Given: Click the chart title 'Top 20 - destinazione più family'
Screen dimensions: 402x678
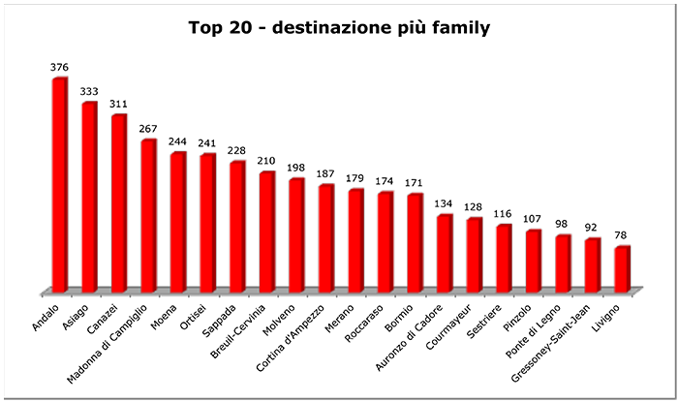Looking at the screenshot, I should pyautogui.click(x=338, y=28).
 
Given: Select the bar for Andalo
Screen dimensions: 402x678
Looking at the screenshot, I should pyautogui.click(x=59, y=184).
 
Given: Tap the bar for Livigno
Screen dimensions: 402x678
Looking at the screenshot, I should pyautogui.click(x=622, y=268).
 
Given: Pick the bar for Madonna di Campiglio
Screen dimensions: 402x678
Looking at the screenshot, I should pyautogui.click(x=148, y=215).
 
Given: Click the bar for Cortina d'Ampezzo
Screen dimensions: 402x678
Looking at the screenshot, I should pyautogui.click(x=325, y=237).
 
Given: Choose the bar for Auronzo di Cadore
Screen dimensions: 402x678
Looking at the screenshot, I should pyautogui.click(x=444, y=253).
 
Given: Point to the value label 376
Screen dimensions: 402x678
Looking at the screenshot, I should pyautogui.click(x=60, y=68).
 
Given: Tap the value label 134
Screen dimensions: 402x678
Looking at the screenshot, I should pyautogui.click(x=445, y=204).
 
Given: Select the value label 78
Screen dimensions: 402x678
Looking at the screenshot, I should pyautogui.click(x=623, y=235).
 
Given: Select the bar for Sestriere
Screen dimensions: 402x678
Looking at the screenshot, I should pyautogui.click(x=504, y=258).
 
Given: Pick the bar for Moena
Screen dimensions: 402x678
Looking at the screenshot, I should pyautogui.click(x=177, y=222).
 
